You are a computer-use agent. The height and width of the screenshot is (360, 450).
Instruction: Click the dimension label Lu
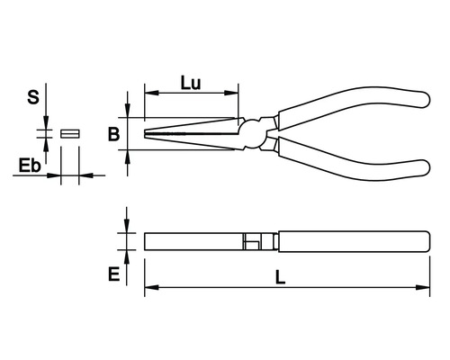[x=191, y=83]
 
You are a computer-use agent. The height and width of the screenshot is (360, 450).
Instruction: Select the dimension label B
[x=113, y=134]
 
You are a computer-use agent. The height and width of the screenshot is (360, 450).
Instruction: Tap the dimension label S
[x=33, y=97]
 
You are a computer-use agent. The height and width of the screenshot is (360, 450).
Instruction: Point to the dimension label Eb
[x=30, y=166]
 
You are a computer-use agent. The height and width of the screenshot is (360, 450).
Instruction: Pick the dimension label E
[x=113, y=274]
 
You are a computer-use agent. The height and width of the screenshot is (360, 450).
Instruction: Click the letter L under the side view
[x=280, y=277]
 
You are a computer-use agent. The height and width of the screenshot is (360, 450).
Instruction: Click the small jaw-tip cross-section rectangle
[x=70, y=133]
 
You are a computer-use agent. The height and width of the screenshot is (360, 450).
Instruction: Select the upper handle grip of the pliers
[x=354, y=106]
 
